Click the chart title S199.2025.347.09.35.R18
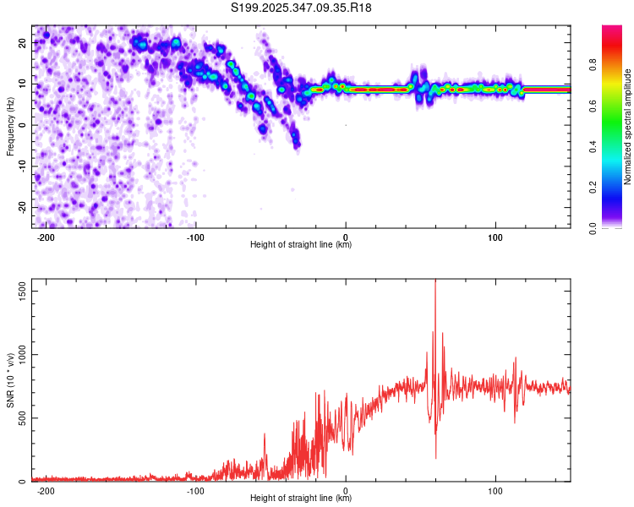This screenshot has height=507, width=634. click(x=302, y=8)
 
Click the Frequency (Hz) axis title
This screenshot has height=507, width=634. click(x=11, y=126)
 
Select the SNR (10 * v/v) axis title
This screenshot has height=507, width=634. click(x=11, y=380)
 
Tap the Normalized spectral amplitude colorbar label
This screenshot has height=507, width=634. click(x=628, y=127)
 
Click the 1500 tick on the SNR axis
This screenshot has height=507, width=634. click(x=18, y=290)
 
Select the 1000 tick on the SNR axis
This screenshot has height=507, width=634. click(x=18, y=354)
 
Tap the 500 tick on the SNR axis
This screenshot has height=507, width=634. click(x=20, y=417)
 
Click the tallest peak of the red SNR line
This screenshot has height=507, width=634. click(x=435, y=281)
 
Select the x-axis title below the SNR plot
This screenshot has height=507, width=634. click(x=301, y=499)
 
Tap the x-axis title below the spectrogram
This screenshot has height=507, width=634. click(x=301, y=246)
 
